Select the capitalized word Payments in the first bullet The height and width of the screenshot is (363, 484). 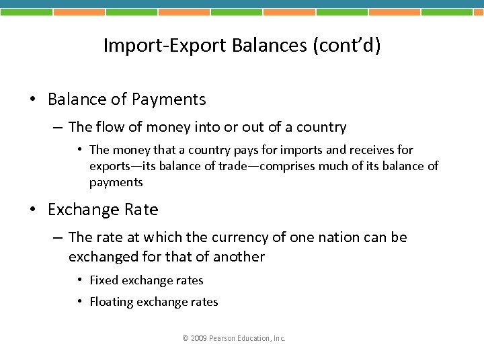(x=169, y=99)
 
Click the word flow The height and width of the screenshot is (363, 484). (x=107, y=127)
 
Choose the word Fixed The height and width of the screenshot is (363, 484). (x=104, y=280)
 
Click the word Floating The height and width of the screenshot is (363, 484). (x=112, y=302)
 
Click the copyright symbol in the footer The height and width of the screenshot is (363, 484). (x=186, y=338)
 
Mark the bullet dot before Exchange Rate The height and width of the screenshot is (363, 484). (x=32, y=210)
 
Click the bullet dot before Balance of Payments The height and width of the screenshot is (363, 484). (x=32, y=100)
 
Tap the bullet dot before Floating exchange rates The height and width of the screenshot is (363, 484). (x=79, y=302)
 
